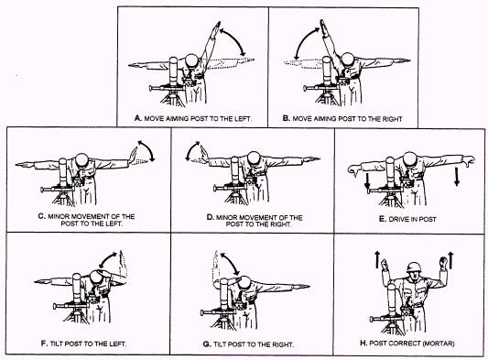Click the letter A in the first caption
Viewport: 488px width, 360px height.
(x=137, y=118)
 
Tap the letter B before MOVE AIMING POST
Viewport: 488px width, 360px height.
(x=286, y=118)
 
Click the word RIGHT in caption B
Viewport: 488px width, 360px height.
(x=393, y=119)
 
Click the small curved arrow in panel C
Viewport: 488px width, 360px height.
(x=146, y=150)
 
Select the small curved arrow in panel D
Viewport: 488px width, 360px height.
(x=192, y=151)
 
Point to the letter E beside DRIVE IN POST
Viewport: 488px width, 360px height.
(x=383, y=219)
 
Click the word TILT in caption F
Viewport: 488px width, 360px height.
(x=58, y=344)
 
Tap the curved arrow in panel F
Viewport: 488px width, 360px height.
(x=107, y=259)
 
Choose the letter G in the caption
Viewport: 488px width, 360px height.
(x=207, y=344)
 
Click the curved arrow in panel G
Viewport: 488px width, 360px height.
(x=231, y=264)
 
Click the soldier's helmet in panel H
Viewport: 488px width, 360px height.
(x=415, y=267)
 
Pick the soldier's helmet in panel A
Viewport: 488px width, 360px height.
(x=191, y=60)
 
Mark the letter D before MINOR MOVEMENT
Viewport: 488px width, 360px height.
(x=210, y=217)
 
